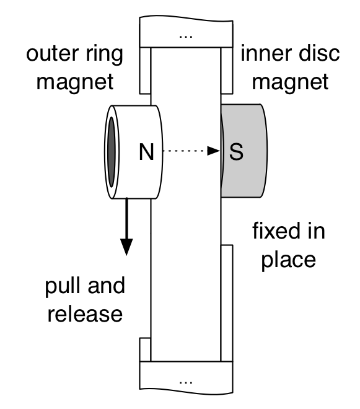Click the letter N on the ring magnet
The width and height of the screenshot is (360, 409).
click(x=146, y=152)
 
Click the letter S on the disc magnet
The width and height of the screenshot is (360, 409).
click(x=236, y=152)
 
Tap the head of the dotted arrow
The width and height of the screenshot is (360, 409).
click(x=214, y=151)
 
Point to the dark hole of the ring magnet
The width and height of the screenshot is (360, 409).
click(x=112, y=152)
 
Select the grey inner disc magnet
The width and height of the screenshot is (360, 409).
click(x=244, y=151)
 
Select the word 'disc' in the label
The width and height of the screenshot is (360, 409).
click(x=319, y=53)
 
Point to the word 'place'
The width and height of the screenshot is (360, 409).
click(x=289, y=260)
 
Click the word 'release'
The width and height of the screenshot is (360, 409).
click(x=85, y=314)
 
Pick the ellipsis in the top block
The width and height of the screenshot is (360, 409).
click(x=186, y=37)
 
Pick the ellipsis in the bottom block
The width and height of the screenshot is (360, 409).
click(x=186, y=382)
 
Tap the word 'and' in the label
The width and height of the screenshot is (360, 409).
click(x=107, y=285)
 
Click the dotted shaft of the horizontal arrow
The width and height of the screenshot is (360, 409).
click(x=185, y=151)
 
